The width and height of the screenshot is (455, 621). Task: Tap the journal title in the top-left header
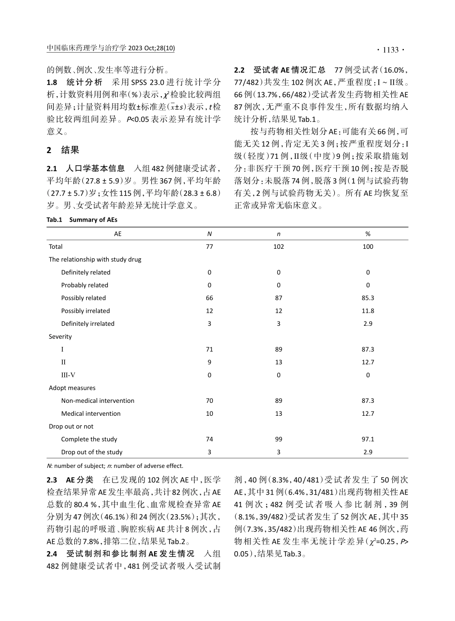pos(111,49)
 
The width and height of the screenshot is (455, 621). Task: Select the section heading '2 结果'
pos(63,150)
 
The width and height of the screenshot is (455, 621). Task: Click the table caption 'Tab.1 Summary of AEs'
pos(82,220)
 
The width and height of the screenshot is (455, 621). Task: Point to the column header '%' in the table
pos(368,234)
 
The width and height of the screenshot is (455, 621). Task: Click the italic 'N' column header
pos(209,234)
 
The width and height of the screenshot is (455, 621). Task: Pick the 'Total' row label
pos(56,247)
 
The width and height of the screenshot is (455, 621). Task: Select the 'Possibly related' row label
pos(83,298)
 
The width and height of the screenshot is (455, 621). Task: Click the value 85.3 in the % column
pos(368,298)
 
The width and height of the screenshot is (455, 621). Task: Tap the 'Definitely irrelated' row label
pos(88,324)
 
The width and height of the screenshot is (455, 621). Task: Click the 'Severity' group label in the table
pos(60,337)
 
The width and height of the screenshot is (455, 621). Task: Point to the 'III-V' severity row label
pos(68,375)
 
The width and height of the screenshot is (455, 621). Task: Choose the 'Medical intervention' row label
pos(91,414)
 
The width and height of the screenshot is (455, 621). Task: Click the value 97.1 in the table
pos(368,439)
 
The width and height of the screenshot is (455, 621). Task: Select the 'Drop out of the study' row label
pos(91,452)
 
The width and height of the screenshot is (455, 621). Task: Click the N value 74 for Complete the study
pos(209,439)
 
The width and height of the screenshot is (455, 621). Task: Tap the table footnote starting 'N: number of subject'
pos(115,466)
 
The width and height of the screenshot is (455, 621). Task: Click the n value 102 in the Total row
pos(278,247)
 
